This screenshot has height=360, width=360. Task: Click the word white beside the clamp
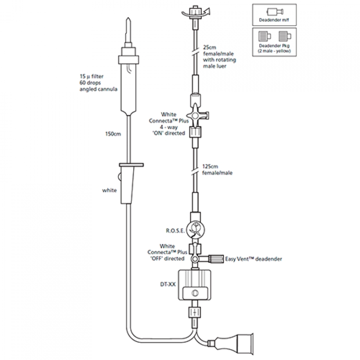(110, 190)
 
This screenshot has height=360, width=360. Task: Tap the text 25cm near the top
(210, 46)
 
